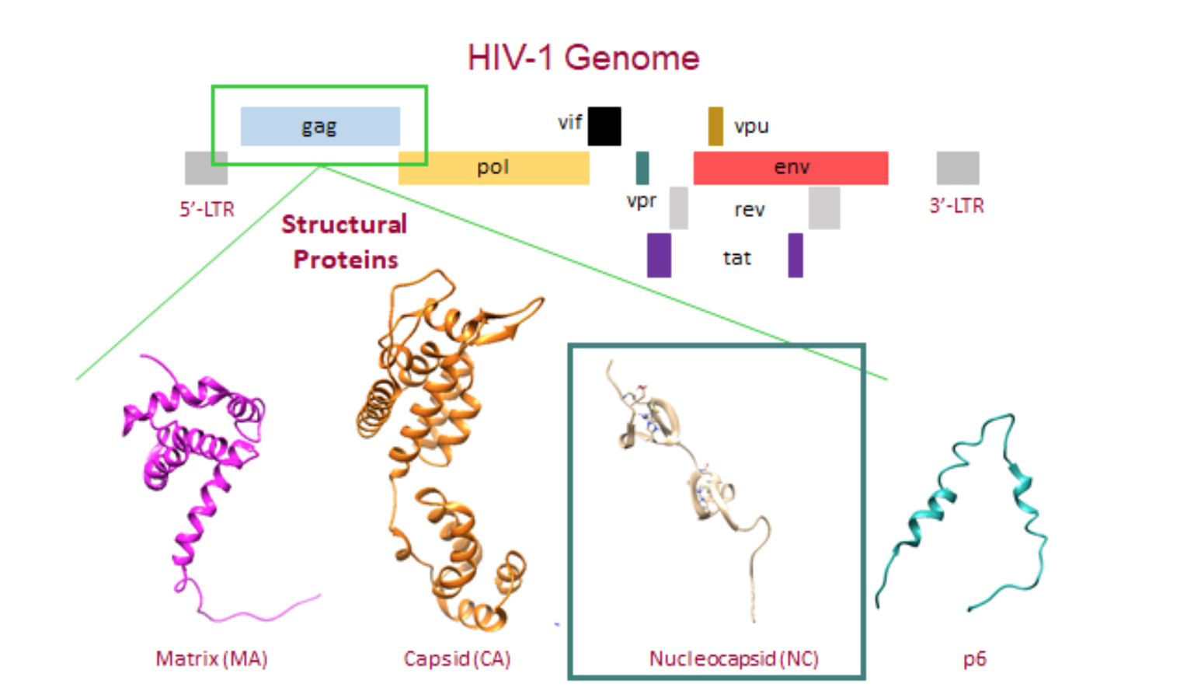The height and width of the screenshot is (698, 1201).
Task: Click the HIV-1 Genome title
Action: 583,58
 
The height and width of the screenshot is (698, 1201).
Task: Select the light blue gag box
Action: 320,126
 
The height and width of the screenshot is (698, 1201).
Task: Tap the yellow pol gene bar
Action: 493,168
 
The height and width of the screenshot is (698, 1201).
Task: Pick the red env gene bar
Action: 790,168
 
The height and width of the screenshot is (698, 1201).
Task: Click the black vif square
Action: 604,126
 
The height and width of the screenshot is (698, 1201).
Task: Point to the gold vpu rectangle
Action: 715,126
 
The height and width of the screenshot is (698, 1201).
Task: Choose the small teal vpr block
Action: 642,168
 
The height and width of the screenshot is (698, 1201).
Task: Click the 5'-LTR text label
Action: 207,209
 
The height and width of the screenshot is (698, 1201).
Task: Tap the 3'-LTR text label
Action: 956,206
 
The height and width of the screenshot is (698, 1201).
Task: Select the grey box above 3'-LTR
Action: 957,168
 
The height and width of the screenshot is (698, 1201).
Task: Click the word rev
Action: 750,210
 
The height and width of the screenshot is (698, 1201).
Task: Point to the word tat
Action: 736,258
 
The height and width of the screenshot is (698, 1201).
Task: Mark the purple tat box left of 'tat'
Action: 659,255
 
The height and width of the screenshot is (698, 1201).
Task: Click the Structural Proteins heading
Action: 344,241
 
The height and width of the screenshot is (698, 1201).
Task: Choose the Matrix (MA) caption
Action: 211,659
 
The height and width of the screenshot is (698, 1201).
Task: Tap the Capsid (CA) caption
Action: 457,659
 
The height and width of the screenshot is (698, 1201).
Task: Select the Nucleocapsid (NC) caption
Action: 733,659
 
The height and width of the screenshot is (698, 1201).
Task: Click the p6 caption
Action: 974,659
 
